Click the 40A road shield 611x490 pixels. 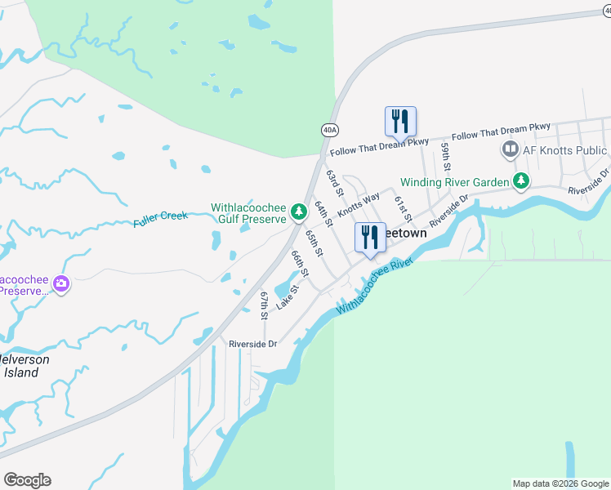pyautogui.click(x=329, y=129)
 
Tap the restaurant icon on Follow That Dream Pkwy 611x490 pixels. pyautogui.click(x=400, y=121)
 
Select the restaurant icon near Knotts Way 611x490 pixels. pyautogui.click(x=370, y=238)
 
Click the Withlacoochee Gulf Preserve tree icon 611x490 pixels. pyautogui.click(x=299, y=212)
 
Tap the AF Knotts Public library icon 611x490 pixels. pyautogui.click(x=511, y=149)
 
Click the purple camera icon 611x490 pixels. pyautogui.click(x=60, y=284)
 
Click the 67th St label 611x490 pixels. pyautogui.click(x=265, y=305)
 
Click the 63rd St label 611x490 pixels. pyautogui.click(x=333, y=183)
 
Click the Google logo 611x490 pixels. pyautogui.click(x=27, y=480)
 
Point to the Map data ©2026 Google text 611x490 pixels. pyautogui.click(x=560, y=483)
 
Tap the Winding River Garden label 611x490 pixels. pyautogui.click(x=454, y=181)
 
